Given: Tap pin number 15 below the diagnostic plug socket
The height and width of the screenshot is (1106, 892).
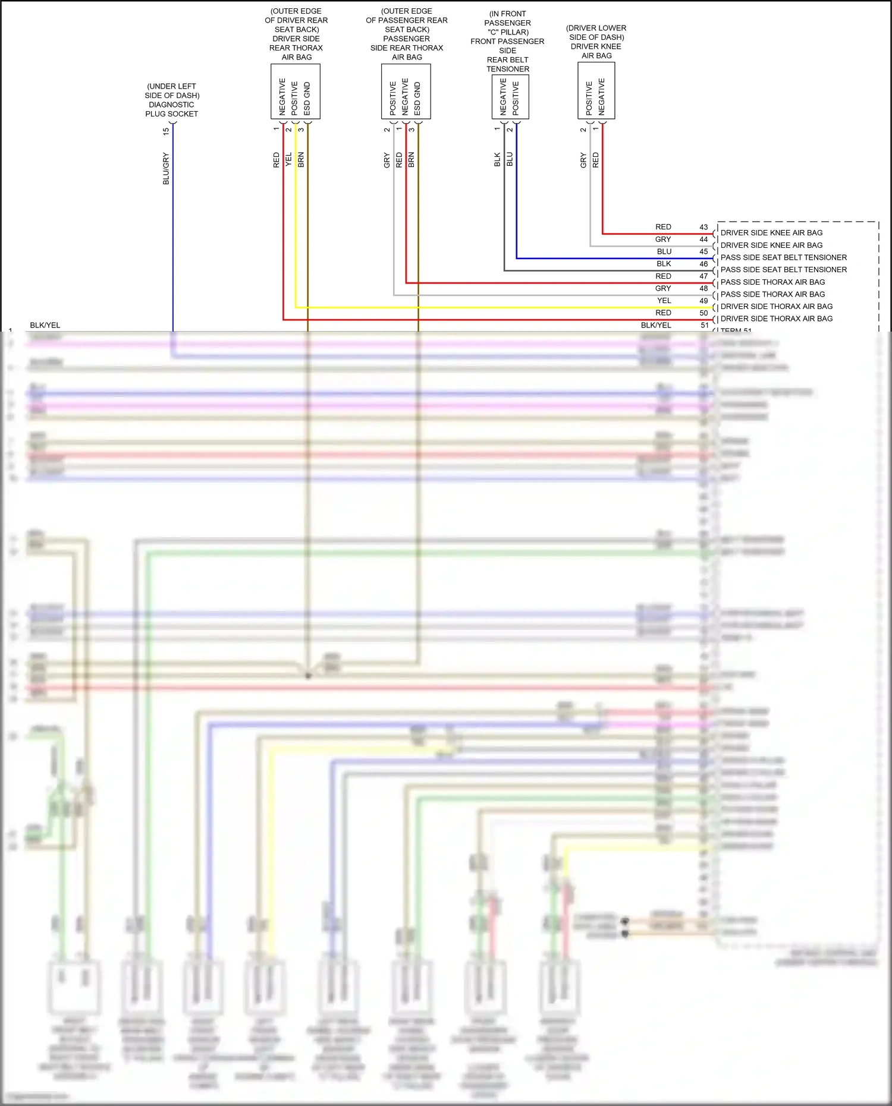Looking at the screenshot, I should (x=166, y=131).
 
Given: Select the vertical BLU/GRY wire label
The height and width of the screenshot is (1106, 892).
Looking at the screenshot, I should (x=166, y=169).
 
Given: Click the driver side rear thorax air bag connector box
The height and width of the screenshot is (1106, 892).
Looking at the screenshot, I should (x=296, y=92).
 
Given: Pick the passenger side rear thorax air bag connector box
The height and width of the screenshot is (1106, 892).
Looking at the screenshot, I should (x=406, y=92).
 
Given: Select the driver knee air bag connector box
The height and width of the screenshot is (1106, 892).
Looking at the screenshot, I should (x=596, y=91).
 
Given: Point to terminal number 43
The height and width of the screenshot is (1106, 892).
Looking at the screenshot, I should (x=703, y=227).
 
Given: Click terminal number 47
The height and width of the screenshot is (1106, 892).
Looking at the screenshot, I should (x=703, y=276).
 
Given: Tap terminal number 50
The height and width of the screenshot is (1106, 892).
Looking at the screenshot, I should (x=703, y=313).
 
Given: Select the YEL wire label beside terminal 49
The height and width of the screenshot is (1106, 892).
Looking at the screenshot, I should (x=664, y=301).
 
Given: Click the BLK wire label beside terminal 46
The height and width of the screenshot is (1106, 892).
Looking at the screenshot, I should (x=664, y=264).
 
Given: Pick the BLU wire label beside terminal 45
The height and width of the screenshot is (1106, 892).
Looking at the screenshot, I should (x=664, y=251).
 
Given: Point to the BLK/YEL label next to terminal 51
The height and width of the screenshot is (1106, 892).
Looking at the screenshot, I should (x=656, y=325).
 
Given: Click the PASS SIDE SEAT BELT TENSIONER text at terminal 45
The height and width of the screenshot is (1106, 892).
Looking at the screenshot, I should (x=784, y=257).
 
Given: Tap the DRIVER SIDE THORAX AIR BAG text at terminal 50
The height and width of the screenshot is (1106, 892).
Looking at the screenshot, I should (x=777, y=319).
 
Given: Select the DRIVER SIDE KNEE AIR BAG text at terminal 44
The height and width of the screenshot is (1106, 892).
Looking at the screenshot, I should (x=772, y=245).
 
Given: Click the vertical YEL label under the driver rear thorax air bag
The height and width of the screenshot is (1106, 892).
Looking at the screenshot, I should (x=289, y=159).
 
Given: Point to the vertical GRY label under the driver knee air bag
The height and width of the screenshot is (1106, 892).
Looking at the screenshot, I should (x=583, y=160).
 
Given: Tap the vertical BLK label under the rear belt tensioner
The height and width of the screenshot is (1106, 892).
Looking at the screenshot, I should (x=497, y=159).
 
